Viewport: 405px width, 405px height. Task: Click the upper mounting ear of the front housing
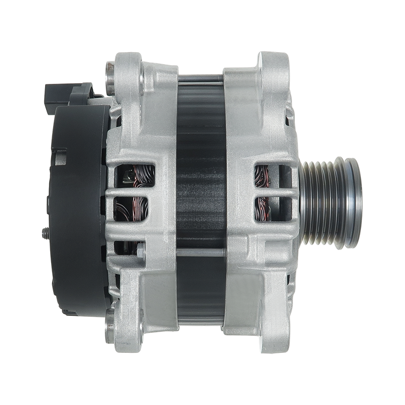click(x=273, y=66)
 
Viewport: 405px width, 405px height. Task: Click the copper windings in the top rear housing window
click(x=134, y=175)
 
